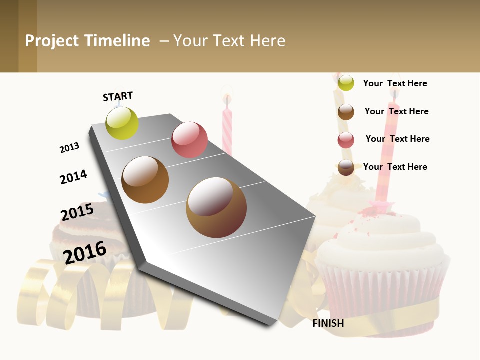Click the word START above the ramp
tap(118, 96)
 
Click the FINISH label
tap(328, 323)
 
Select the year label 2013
tap(69, 148)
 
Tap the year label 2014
tap(73, 177)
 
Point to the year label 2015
tap(77, 212)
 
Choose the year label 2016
tap(85, 252)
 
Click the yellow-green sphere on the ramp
tap(122, 123)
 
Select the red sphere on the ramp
tap(189, 140)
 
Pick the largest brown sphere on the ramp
tap(216, 207)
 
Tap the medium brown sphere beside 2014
tap(145, 180)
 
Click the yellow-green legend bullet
tap(346, 83)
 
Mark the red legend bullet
tap(346, 140)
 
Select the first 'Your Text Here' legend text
tap(395, 83)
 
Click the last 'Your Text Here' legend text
tap(395, 167)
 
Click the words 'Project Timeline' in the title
tap(87, 41)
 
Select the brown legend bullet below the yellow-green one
tap(346, 112)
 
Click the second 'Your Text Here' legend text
tap(396, 111)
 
